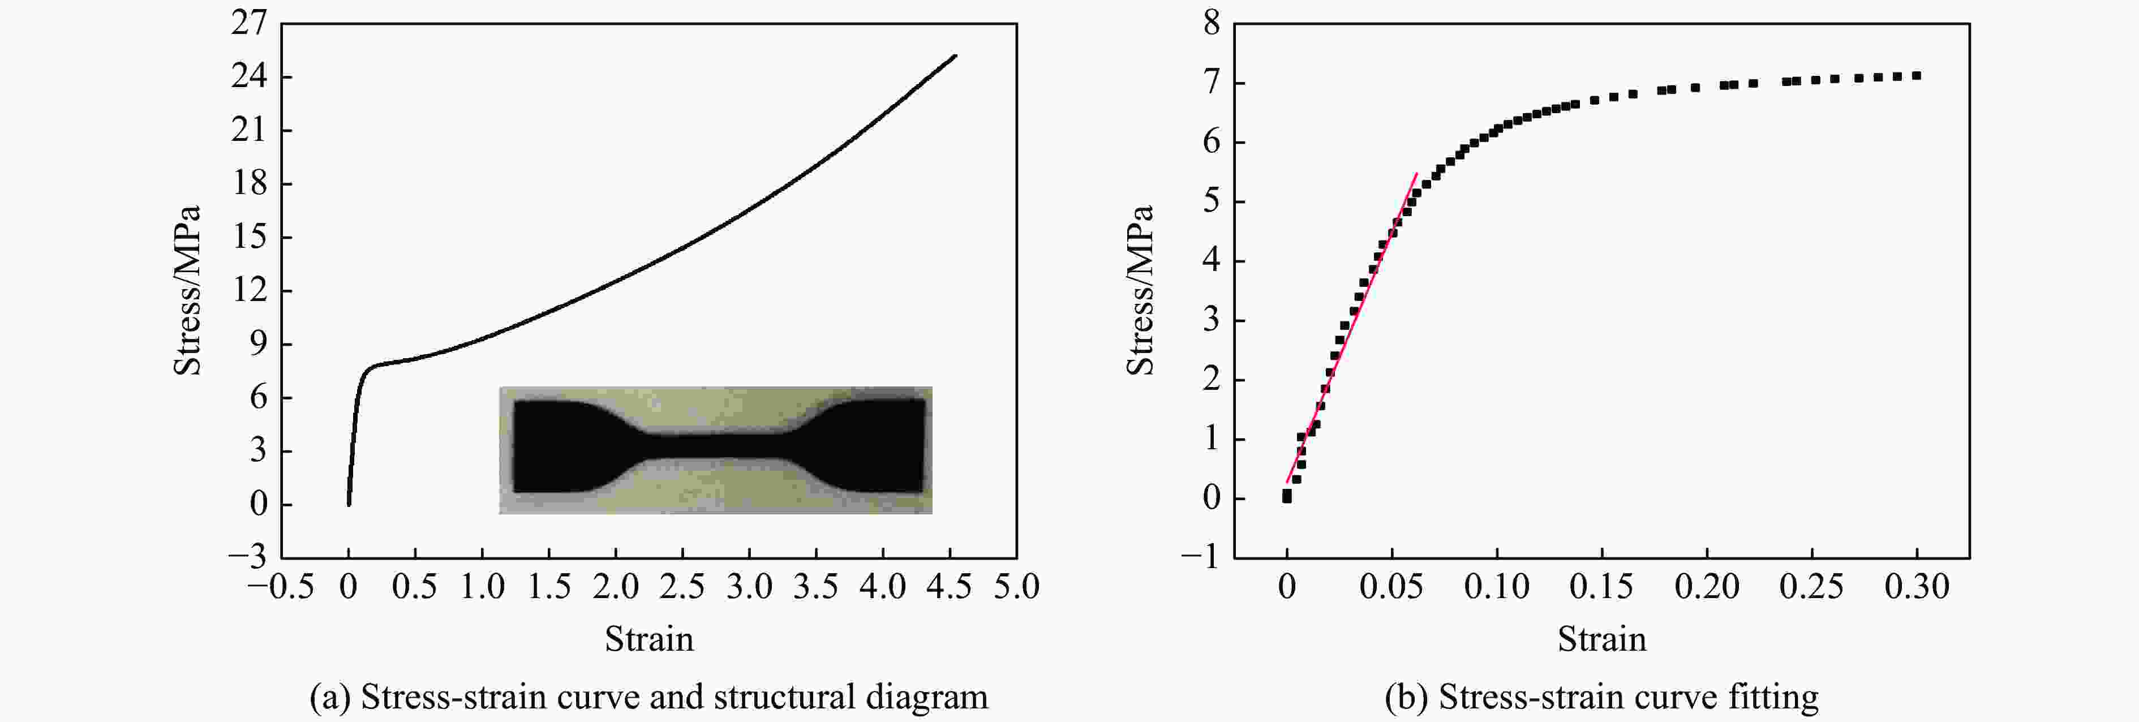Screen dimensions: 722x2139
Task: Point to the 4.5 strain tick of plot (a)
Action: tap(948, 587)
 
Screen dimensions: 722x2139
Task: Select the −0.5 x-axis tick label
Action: tap(281, 587)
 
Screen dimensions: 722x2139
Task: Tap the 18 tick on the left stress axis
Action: tap(248, 183)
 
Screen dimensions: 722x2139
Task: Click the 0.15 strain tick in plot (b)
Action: tap(1601, 587)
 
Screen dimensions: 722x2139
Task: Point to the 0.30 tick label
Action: tap(1917, 587)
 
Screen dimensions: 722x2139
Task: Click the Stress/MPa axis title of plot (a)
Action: tap(188, 290)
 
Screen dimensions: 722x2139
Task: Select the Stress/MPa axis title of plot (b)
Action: tap(1140, 290)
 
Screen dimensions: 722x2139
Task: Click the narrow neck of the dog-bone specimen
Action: tap(714, 446)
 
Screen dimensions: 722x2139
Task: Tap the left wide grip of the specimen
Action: tap(556, 446)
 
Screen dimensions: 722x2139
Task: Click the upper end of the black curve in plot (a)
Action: tap(955, 57)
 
